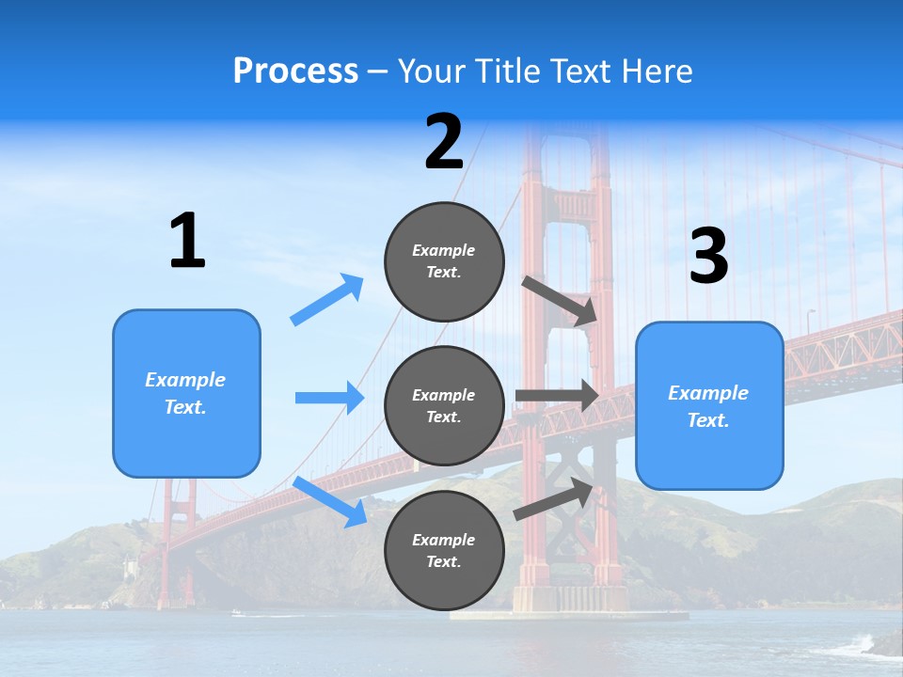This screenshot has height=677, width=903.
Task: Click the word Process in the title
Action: pyautogui.click(x=295, y=71)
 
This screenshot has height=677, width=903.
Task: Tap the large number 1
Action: pyautogui.click(x=186, y=242)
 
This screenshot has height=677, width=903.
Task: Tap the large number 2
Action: pyautogui.click(x=444, y=142)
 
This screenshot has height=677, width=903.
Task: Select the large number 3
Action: pyautogui.click(x=708, y=257)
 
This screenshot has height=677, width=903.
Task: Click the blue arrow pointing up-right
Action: pyautogui.click(x=327, y=300)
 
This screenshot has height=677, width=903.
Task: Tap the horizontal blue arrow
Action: pyautogui.click(x=329, y=398)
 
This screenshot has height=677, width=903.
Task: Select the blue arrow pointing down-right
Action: pyautogui.click(x=330, y=502)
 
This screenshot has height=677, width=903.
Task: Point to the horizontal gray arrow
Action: pyautogui.click(x=556, y=396)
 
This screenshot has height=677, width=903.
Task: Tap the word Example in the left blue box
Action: pyautogui.click(x=185, y=380)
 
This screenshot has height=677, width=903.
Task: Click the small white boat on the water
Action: pyautogui.click(x=236, y=613)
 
